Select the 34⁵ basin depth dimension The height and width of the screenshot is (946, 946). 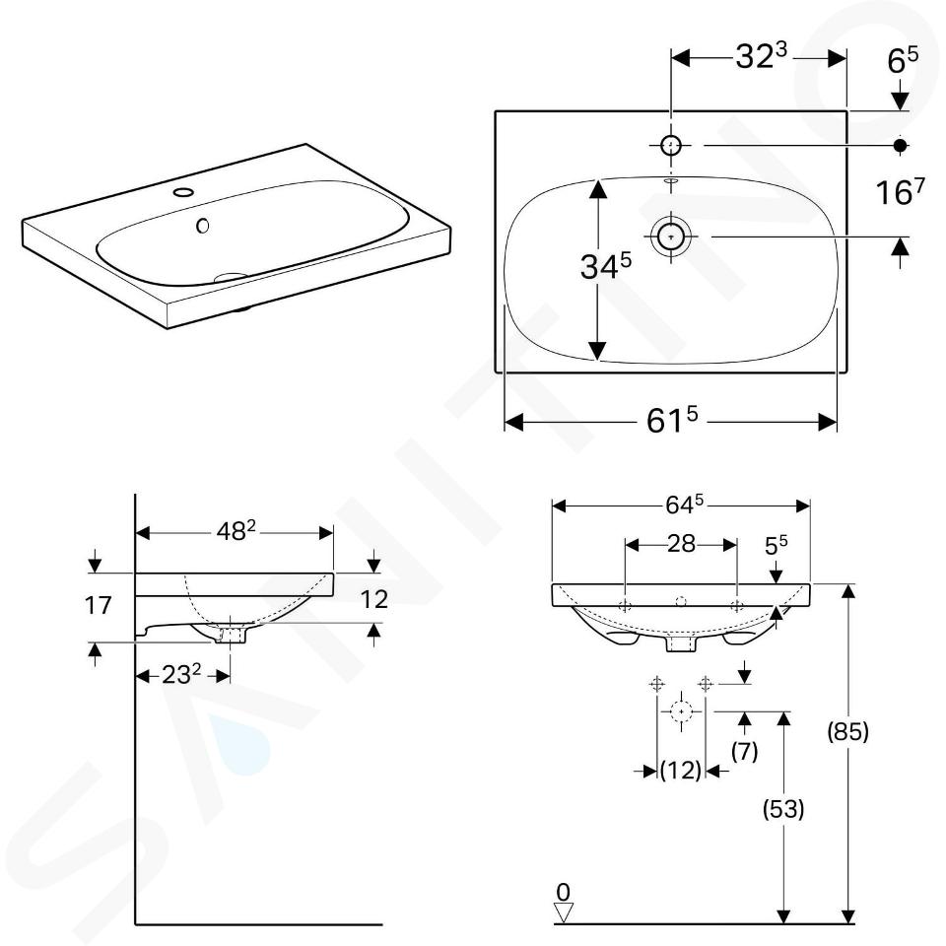[x=606, y=266]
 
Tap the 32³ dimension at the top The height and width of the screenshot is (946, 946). [x=762, y=56]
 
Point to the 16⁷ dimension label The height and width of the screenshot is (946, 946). [x=900, y=192]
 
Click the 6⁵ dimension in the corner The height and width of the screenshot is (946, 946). [x=903, y=60]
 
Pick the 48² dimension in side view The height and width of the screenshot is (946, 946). [x=236, y=530]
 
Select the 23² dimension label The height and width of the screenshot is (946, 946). [x=181, y=674]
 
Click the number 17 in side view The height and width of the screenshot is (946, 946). [x=98, y=605]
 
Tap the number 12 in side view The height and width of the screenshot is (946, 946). [x=374, y=599]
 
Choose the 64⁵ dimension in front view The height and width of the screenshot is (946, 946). [x=685, y=505]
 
